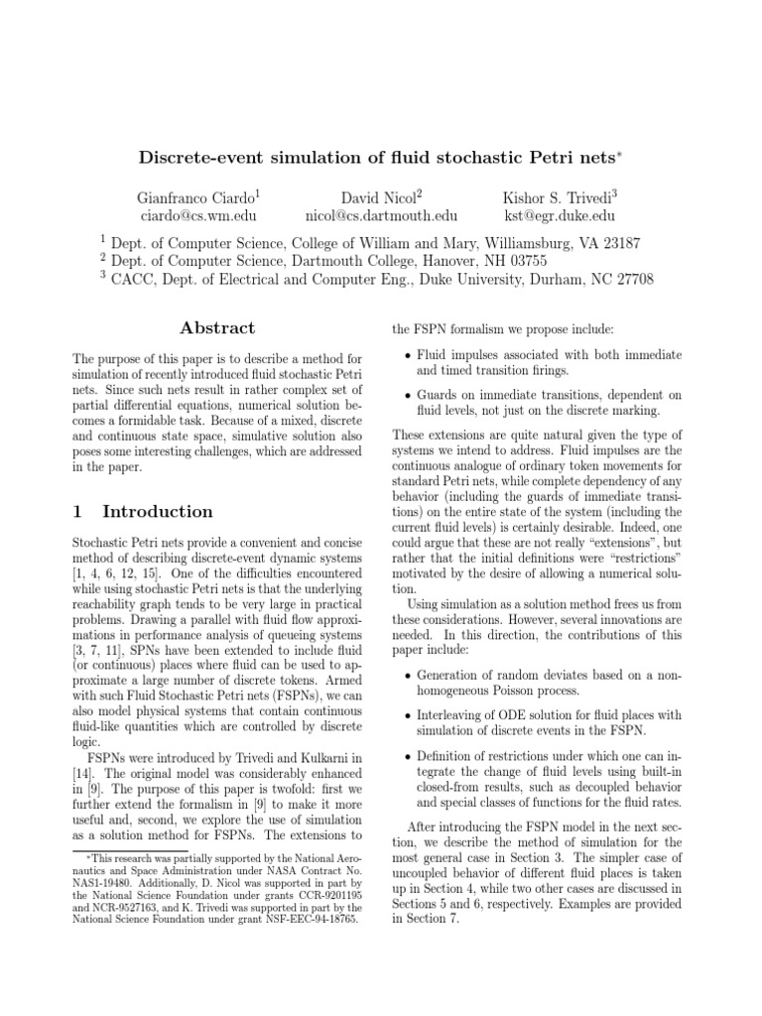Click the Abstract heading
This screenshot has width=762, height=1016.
[x=216, y=328]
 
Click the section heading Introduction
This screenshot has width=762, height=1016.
[x=158, y=512]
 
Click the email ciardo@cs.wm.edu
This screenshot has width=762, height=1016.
[x=191, y=215]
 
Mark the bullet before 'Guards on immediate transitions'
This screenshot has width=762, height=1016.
[x=409, y=395]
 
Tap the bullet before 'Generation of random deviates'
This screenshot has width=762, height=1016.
[x=409, y=678]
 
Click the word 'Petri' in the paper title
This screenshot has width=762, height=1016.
[x=569, y=157]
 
